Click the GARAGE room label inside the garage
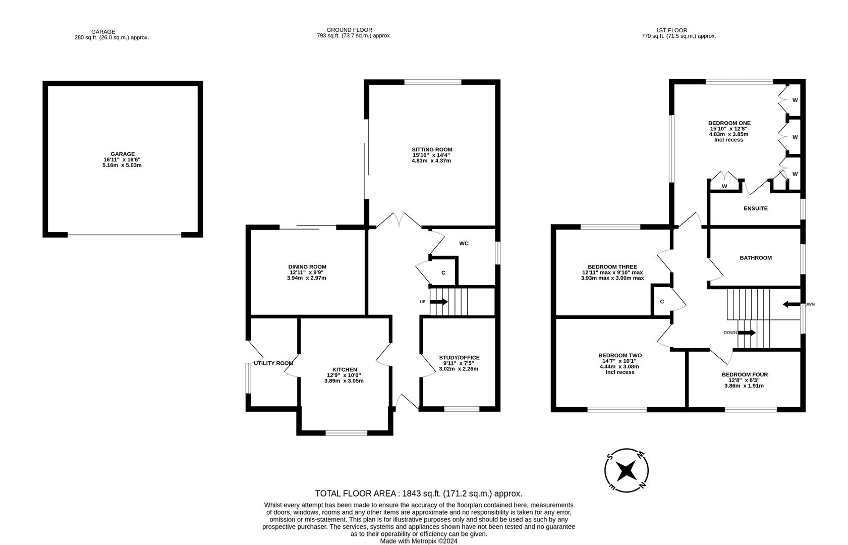click(123, 154)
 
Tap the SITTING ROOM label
click(432, 149)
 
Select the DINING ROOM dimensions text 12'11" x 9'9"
click(307, 272)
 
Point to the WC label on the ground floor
click(464, 243)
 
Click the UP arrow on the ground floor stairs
click(438, 302)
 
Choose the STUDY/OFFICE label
click(459, 357)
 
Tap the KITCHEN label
click(345, 369)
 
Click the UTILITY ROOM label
click(273, 363)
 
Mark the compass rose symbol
click(627, 470)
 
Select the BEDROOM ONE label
click(729, 123)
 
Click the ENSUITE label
click(755, 208)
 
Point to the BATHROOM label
click(755, 258)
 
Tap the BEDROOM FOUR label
click(744, 374)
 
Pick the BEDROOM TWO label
click(619, 355)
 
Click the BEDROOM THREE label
click(612, 267)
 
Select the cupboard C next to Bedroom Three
click(662, 302)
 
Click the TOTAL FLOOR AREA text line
click(418, 494)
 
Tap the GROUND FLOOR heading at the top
click(349, 30)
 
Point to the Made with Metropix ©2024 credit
click(418, 541)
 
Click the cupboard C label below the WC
click(443, 272)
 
